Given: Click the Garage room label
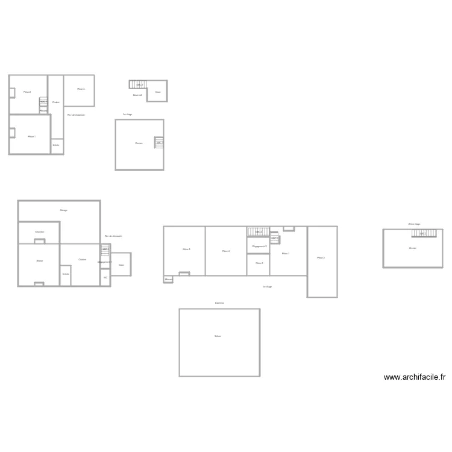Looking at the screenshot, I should coord(63,210).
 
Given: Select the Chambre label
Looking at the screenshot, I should coord(39,232).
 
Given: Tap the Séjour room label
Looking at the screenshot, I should coord(39,261).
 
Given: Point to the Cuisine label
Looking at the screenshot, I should coord(82,260).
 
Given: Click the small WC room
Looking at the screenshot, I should coord(105,278).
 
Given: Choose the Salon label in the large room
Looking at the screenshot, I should coord(218,336).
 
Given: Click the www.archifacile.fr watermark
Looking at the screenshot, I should coord(415,377).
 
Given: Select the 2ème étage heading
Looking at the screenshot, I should coord(414,224).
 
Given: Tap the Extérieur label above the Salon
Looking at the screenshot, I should coord(220,303).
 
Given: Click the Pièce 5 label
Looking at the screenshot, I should coord(187,250).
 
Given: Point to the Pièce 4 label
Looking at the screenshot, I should coord(226,251).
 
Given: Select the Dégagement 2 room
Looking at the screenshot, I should coord(259,246).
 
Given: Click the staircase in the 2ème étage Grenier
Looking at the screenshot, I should coord(427,233).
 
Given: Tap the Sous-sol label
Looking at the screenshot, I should coord(137,95).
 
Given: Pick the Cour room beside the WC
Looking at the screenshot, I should coord(121,265).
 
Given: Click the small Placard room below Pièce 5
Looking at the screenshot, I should coord(169,280).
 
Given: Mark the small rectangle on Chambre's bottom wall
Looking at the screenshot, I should coord(39,242).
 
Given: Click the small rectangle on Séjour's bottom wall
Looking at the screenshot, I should coord(39,284).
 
